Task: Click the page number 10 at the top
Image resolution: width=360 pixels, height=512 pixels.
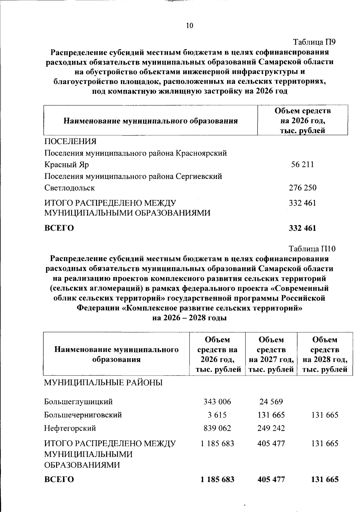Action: pos(190,25)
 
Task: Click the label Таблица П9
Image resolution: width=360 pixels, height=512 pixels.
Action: pos(314,42)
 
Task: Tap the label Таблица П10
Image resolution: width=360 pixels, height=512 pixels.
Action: pos(312,249)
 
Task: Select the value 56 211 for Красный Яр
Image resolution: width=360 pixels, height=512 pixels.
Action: pos(302,165)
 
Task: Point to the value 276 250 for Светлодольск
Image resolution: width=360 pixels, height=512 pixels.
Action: pos(302,188)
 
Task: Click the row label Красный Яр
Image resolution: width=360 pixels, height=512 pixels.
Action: pos(67,165)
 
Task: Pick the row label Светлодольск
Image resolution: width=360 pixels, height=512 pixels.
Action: pos(70,188)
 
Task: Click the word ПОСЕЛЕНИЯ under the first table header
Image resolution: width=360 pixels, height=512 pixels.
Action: pos(70,141)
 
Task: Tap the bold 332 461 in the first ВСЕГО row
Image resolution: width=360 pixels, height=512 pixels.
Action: pos(302,228)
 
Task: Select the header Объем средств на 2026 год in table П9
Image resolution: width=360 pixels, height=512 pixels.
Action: pos(302,121)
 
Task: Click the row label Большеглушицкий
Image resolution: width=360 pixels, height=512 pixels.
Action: pos(78,401)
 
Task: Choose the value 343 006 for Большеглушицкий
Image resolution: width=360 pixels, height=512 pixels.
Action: pos(217,401)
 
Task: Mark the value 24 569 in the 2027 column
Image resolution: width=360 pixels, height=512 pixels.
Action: pos(271,401)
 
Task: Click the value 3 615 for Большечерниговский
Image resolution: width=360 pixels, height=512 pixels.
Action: pos(217,415)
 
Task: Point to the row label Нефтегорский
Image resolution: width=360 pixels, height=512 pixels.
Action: pos(70,428)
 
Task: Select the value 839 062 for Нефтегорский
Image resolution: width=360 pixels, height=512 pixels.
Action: pos(217,428)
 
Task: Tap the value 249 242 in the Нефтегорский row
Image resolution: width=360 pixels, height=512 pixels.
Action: pos(271,428)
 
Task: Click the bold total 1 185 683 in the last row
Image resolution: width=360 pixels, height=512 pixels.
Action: pos(217,479)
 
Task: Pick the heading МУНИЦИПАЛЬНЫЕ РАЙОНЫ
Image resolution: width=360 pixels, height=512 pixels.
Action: pos(103,383)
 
